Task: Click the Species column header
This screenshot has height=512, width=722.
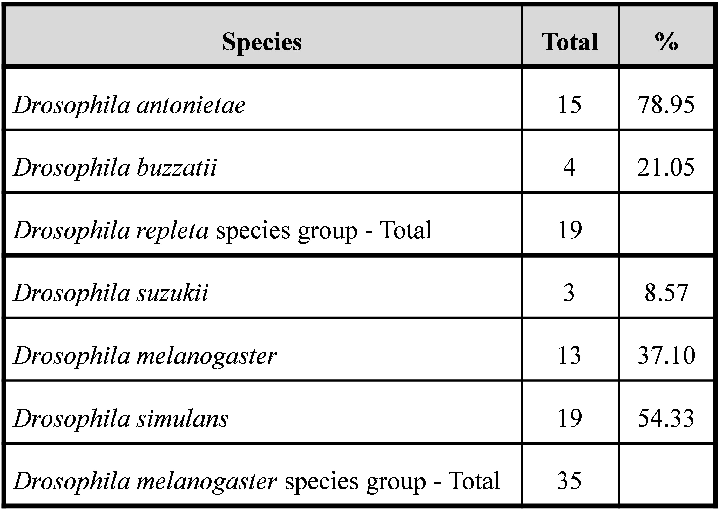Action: [262, 42]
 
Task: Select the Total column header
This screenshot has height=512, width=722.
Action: [570, 42]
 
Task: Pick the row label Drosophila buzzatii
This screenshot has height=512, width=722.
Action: [115, 167]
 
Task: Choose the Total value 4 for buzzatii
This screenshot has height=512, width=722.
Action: [569, 167]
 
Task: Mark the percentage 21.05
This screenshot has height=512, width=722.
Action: [666, 167]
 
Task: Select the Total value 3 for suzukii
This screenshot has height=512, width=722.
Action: [569, 293]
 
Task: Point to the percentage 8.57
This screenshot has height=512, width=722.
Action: [666, 293]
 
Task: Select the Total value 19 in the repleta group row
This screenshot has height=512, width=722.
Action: [570, 230]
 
